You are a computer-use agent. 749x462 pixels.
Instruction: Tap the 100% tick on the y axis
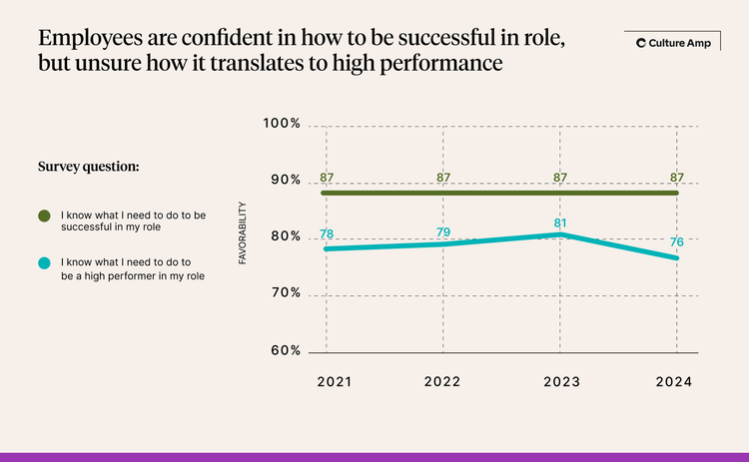(x=282, y=124)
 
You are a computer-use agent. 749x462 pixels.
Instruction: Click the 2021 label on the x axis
(x=327, y=381)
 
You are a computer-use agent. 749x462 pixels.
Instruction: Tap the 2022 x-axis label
(x=443, y=381)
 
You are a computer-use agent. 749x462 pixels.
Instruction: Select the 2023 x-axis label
(x=559, y=381)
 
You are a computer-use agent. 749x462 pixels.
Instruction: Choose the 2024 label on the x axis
(x=675, y=381)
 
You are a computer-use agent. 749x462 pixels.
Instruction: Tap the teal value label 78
(x=327, y=234)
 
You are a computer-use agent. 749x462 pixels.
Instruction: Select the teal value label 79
(x=443, y=232)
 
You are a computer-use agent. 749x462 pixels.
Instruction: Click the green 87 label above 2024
(x=675, y=178)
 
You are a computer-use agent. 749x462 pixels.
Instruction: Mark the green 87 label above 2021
(x=327, y=178)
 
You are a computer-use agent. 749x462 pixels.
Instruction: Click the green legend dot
(x=44, y=215)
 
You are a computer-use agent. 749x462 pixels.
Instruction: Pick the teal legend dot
(x=44, y=262)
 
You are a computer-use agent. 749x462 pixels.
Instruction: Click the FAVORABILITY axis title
(x=243, y=234)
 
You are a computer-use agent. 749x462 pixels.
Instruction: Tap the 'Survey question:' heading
(x=88, y=166)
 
